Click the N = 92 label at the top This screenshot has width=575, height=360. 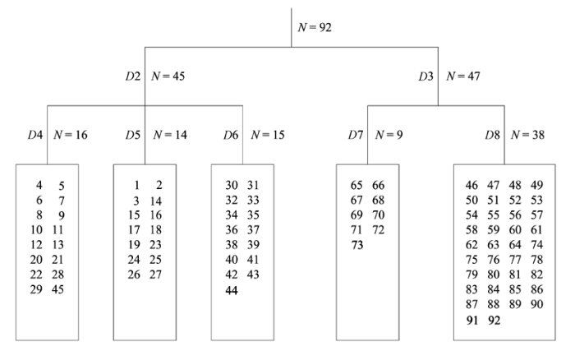[x=315, y=27]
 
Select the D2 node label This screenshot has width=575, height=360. [x=133, y=76]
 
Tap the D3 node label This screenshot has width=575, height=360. [x=426, y=76]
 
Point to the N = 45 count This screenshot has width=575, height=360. [x=168, y=76]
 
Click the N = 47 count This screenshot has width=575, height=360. [x=463, y=76]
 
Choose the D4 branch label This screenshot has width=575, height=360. [x=35, y=135]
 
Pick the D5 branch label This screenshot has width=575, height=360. [x=133, y=135]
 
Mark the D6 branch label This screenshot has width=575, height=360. [x=231, y=135]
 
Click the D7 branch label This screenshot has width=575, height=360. [x=356, y=135]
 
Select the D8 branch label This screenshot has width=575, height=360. [x=493, y=135]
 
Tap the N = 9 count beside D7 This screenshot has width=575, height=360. [x=389, y=135]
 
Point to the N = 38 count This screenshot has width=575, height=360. [x=527, y=135]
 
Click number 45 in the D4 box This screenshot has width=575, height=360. [x=58, y=289]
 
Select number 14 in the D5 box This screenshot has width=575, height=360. [x=156, y=201]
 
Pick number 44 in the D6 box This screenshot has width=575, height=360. [x=232, y=291]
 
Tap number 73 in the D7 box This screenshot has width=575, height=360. [x=357, y=245]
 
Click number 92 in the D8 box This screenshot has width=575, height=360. [x=494, y=321]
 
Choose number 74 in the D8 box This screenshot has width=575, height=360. [x=537, y=245]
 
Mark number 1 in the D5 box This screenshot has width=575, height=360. [x=137, y=185]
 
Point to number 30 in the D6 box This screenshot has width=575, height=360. [x=232, y=185]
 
